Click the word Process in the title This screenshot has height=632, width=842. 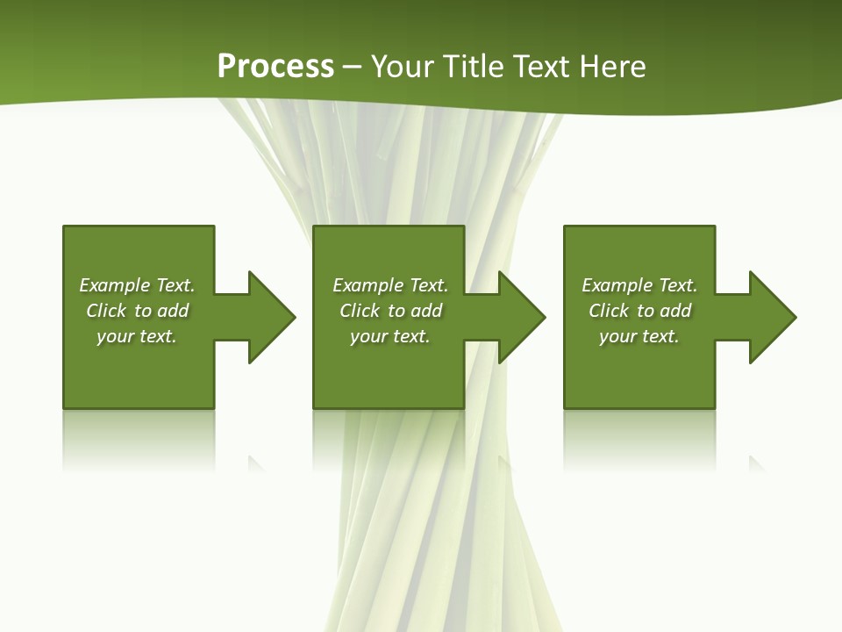pyautogui.click(x=275, y=67)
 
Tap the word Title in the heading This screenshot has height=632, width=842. pyautogui.click(x=471, y=67)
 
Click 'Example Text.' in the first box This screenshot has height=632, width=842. pyautogui.click(x=137, y=285)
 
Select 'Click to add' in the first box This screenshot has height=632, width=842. pyautogui.click(x=137, y=311)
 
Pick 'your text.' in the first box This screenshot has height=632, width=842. pyautogui.click(x=137, y=336)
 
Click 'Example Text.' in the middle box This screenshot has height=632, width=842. pyautogui.click(x=389, y=285)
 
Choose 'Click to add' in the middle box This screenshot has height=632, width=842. pyautogui.click(x=389, y=311)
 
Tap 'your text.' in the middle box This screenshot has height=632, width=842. pyautogui.click(x=389, y=336)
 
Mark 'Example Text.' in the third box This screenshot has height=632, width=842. pyautogui.click(x=639, y=285)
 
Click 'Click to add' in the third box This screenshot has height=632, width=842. pyautogui.click(x=639, y=311)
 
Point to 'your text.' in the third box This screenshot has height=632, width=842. pyautogui.click(x=639, y=336)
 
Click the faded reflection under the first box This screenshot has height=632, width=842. pyautogui.click(x=139, y=439)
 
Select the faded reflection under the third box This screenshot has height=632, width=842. pyautogui.click(x=639, y=439)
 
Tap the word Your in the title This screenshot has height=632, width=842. pyautogui.click(x=403, y=67)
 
